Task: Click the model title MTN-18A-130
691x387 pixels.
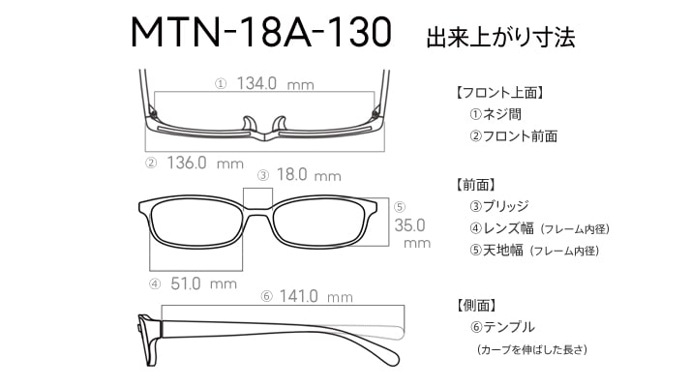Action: tap(261, 32)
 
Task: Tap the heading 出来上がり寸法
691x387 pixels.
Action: tap(500, 37)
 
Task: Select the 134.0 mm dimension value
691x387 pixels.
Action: tap(275, 83)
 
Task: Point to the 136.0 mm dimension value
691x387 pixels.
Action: tap(205, 164)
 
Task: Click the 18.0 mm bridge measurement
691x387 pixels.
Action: tap(309, 175)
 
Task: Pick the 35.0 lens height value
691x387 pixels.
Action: tap(409, 225)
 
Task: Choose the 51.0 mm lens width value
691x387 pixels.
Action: tap(203, 283)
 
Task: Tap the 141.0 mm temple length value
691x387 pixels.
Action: tap(315, 296)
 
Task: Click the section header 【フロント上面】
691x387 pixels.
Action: tap(498, 93)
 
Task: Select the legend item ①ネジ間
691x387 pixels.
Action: tap(496, 114)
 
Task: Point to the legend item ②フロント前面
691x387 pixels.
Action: tap(513, 136)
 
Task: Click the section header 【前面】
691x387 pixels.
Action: tap(474, 185)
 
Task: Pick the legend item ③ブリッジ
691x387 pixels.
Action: tap(499, 206)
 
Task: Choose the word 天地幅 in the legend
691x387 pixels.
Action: tap(503, 251)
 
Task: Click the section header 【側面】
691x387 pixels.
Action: tap(474, 305)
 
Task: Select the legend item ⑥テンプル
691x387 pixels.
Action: tap(502, 327)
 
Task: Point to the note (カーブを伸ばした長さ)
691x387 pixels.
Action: tap(532, 349)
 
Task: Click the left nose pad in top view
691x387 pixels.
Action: tap(249, 124)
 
